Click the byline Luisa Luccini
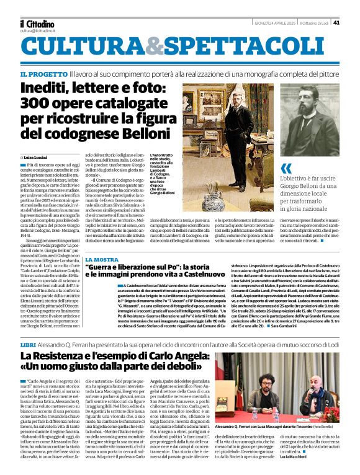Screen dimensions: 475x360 pyautogui.click(x=36, y=158)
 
